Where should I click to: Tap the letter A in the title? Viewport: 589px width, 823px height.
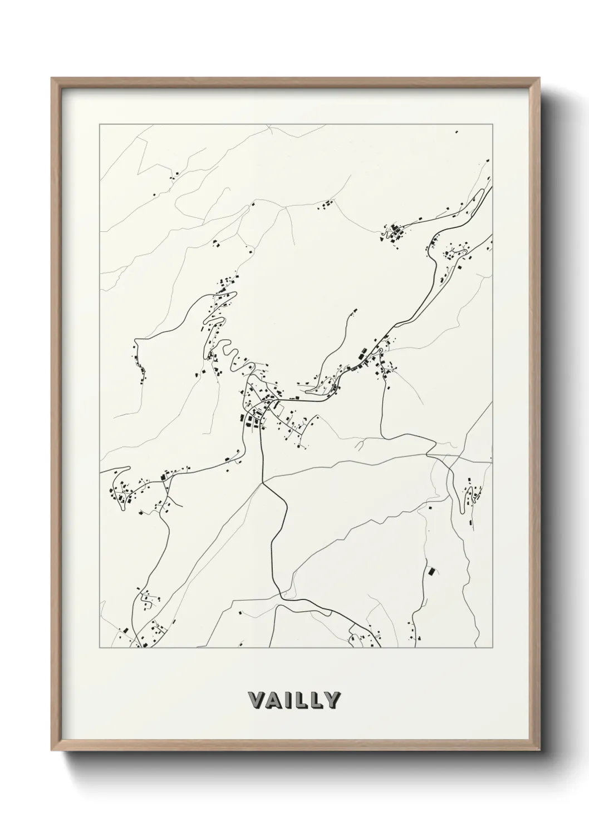pos(273,700)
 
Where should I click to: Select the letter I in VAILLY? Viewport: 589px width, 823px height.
pos(287,700)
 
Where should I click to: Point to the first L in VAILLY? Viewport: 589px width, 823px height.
pos(299,700)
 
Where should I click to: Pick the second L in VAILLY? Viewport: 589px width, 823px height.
pos(315,700)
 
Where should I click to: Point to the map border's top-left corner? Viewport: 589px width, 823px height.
pos(100,125)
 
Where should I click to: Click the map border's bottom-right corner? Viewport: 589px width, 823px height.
pos(492,648)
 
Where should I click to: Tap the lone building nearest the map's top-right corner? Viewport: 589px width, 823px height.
pos(457,132)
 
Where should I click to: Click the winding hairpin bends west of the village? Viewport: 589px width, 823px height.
pos(229,356)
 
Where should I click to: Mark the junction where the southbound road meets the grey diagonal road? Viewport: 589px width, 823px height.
pos(262,483)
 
